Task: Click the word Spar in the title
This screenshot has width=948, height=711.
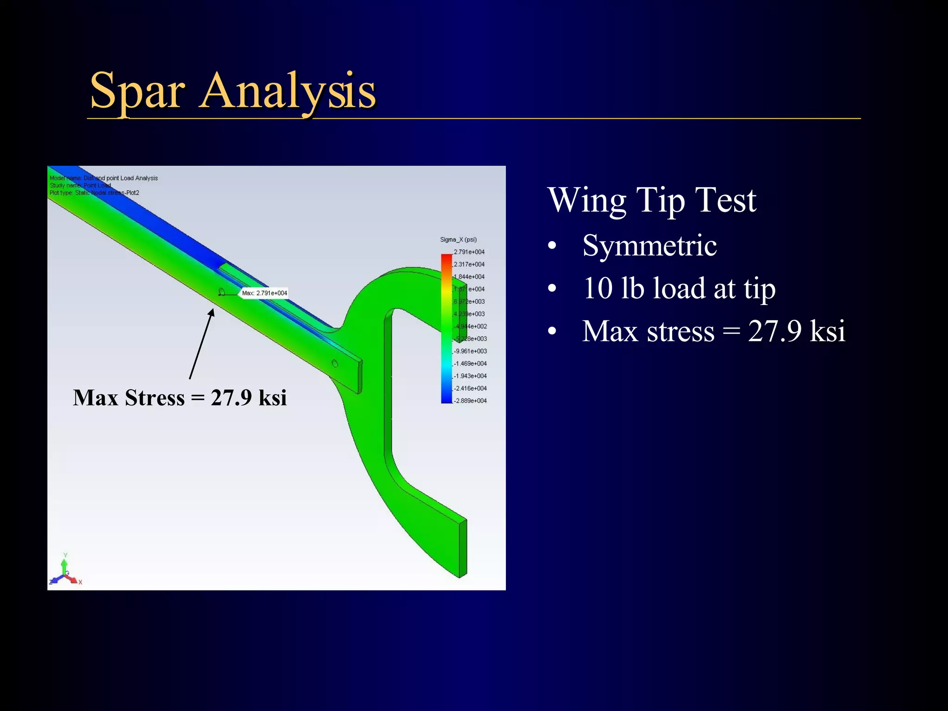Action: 137,91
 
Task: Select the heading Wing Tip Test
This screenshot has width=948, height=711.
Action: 652,200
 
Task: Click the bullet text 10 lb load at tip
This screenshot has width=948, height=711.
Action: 679,288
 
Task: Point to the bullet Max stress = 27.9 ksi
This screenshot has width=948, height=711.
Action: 713,331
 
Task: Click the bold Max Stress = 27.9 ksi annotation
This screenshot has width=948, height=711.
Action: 180,398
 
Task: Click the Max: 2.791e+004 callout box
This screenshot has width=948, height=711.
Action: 264,293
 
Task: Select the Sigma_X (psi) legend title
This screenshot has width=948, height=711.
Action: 458,239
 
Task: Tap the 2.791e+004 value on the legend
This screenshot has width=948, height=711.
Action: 469,252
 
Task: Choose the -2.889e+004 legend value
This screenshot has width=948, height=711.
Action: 470,400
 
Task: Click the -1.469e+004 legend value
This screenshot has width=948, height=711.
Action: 470,363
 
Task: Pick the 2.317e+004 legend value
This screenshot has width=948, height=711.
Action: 469,264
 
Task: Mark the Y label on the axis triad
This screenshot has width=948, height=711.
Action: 65,555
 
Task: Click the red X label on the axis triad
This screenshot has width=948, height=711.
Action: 80,582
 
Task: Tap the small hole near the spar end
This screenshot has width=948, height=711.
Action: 335,364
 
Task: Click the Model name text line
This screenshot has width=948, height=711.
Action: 104,178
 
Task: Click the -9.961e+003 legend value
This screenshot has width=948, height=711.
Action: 470,351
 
